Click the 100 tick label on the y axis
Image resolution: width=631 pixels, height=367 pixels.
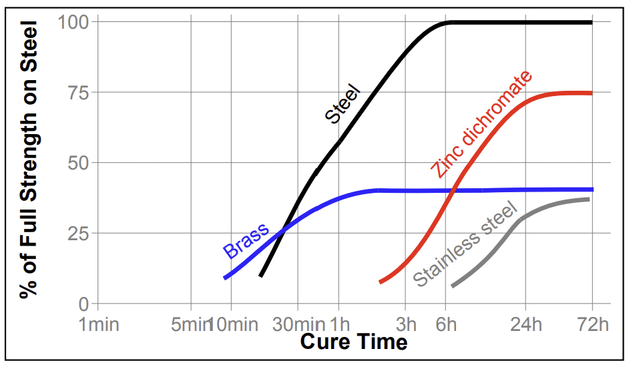[x=73, y=22]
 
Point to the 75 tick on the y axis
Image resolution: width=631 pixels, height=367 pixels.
[x=79, y=93]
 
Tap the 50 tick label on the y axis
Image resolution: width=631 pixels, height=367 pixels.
[x=79, y=163]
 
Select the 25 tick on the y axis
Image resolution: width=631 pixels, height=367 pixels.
[x=79, y=234]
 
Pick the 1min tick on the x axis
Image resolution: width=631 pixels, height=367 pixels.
[x=98, y=325]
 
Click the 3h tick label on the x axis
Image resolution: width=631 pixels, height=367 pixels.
[x=405, y=325]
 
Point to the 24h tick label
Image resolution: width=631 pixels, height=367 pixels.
[x=525, y=325]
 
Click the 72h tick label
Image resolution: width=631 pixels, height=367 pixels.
[x=592, y=325]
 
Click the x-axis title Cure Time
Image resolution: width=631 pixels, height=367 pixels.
[x=353, y=342]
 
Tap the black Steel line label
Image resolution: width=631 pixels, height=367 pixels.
[x=342, y=104]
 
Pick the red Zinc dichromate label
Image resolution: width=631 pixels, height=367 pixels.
[x=481, y=124]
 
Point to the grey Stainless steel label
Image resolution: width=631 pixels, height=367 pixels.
[x=465, y=244]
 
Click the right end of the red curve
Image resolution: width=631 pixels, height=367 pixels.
[x=592, y=93]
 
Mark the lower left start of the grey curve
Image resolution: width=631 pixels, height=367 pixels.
[x=453, y=286]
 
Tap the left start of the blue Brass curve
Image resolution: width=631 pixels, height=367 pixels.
[x=225, y=278]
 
